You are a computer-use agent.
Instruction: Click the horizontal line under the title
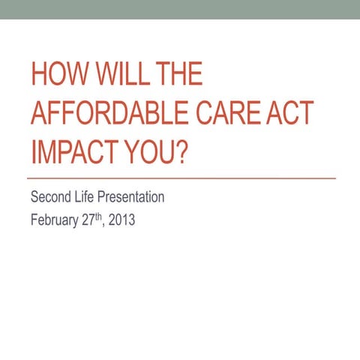[x=180, y=179]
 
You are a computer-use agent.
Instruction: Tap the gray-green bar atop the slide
[x=180, y=9]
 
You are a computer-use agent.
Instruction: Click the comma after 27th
[x=106, y=226]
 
